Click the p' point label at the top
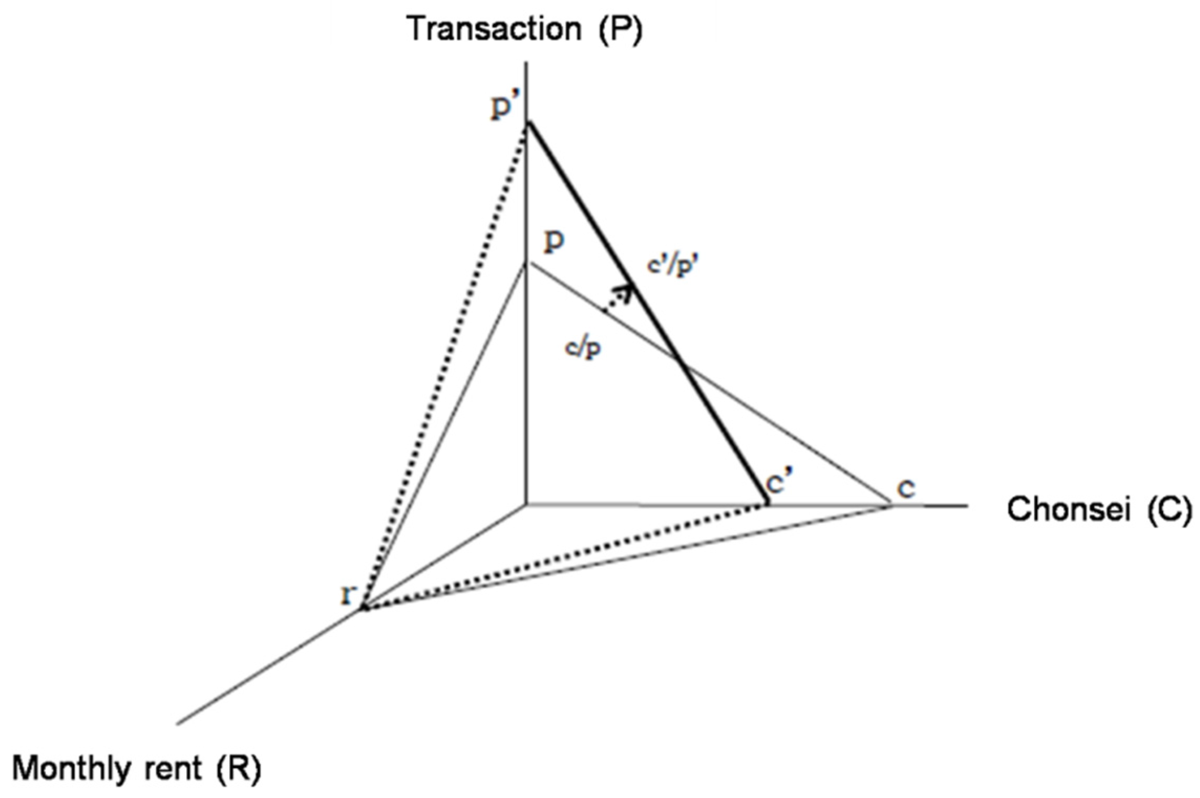point(503,108)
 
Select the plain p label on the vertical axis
point(554,242)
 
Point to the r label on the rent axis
point(348,595)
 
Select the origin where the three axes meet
point(526,505)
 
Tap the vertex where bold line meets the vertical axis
point(528,122)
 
